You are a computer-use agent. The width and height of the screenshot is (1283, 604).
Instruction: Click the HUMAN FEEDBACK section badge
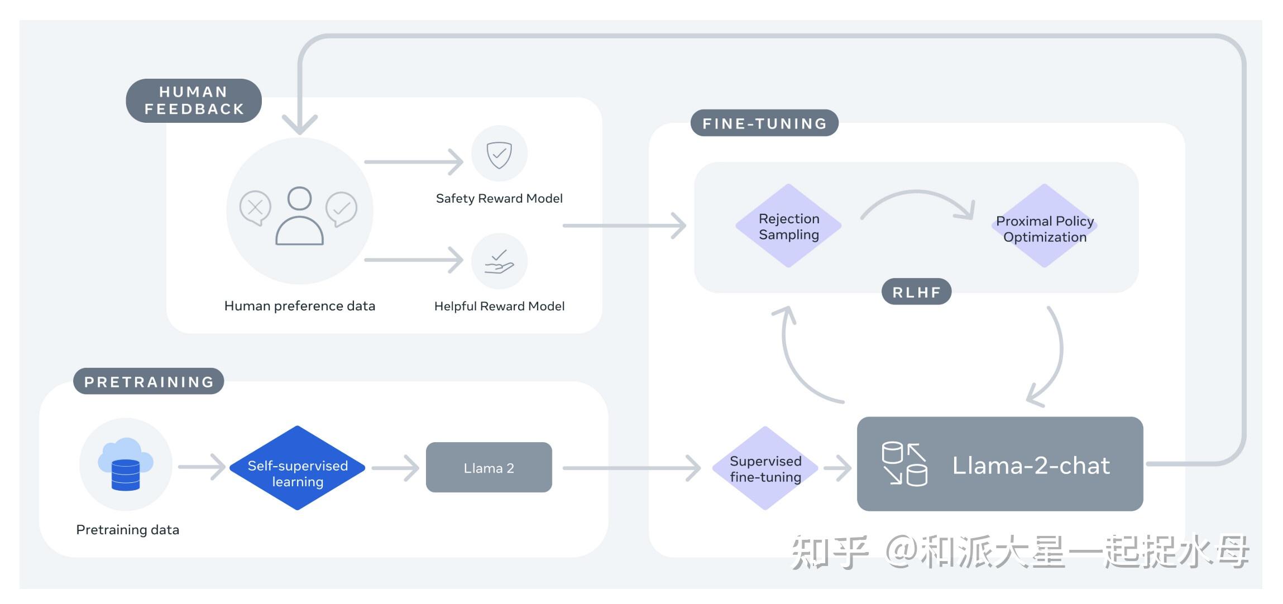[x=194, y=100]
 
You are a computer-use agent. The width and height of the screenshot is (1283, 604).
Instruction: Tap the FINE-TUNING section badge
[x=764, y=123]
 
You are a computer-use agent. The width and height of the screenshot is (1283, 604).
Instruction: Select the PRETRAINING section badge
[x=149, y=382]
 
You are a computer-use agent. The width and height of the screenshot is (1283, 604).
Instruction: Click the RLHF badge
[x=916, y=292]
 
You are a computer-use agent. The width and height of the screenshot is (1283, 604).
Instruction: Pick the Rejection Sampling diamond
[x=788, y=226]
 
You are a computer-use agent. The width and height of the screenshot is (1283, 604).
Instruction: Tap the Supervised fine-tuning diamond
[x=765, y=468]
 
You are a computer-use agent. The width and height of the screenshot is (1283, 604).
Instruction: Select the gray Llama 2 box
[x=489, y=468]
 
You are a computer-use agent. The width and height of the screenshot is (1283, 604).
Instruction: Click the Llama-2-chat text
[x=1031, y=466]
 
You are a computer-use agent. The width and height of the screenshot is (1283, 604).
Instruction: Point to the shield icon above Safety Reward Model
[x=499, y=154]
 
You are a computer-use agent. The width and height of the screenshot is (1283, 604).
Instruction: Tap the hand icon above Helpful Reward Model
[x=499, y=261]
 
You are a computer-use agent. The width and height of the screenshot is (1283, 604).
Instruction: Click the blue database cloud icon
[x=126, y=464]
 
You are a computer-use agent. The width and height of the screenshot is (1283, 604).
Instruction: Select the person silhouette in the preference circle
[x=299, y=216]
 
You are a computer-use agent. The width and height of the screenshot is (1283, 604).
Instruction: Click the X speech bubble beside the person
[x=255, y=208]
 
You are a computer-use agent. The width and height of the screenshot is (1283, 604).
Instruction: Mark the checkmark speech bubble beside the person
[x=341, y=209]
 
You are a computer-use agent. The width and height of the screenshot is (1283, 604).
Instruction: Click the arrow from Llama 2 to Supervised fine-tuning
[x=631, y=468]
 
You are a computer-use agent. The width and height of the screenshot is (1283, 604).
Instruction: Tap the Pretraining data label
[x=127, y=530]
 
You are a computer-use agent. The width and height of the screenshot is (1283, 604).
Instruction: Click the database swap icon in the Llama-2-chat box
[x=904, y=464]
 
